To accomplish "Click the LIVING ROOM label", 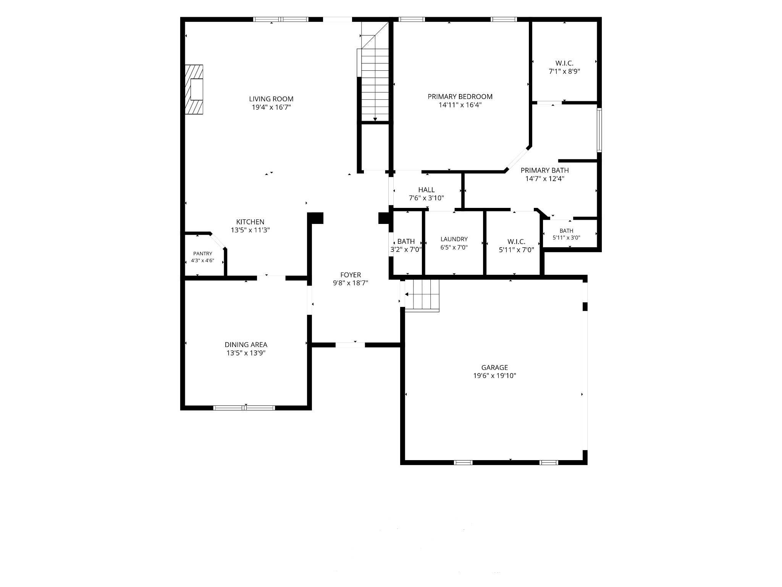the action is (x=271, y=99).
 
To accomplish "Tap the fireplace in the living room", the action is (x=194, y=89).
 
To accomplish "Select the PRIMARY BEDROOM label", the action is (x=460, y=97).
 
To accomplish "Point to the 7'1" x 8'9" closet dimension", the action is (x=564, y=71).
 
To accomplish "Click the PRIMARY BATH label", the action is (x=544, y=170).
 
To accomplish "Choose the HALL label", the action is (x=426, y=190).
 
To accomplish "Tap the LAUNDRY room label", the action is (x=454, y=239).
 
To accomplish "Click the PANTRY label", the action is (x=202, y=254).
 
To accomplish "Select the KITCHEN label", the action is (x=250, y=222).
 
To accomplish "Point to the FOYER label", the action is (x=351, y=275).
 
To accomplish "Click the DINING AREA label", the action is (x=246, y=345).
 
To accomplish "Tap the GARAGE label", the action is (x=494, y=368).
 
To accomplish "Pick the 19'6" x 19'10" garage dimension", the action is (x=494, y=376).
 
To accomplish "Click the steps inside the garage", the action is (x=422, y=295).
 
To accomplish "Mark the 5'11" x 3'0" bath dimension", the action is (x=566, y=238).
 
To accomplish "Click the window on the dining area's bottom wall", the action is (x=244, y=408).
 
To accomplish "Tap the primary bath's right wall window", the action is (x=599, y=130).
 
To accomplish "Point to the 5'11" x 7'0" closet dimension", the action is (x=516, y=250).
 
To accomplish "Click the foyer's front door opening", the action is (x=350, y=345).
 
